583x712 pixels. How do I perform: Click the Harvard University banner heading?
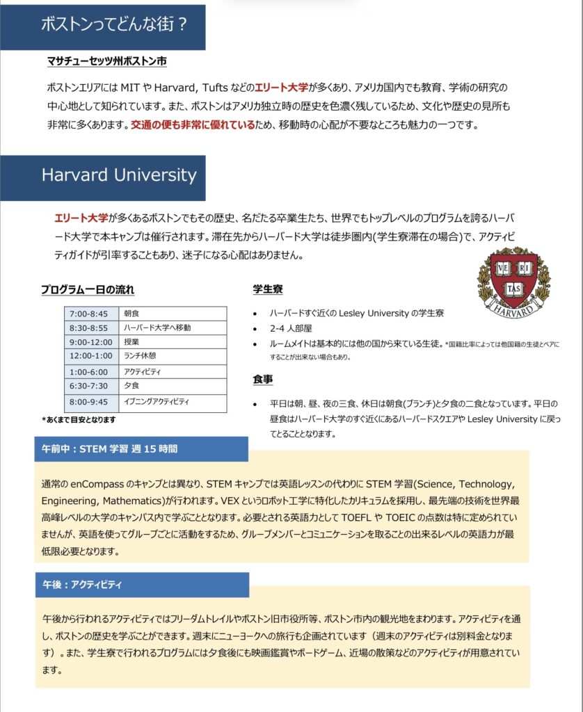[x=119, y=175]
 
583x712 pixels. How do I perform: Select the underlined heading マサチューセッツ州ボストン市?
[x=106, y=61]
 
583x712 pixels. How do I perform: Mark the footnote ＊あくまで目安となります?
[x=78, y=420]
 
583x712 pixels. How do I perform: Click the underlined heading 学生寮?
[x=267, y=289]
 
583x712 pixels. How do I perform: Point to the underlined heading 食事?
[x=262, y=380]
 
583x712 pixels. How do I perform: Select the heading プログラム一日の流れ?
[x=87, y=289]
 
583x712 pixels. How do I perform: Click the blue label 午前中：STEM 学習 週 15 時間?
[x=108, y=449]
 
